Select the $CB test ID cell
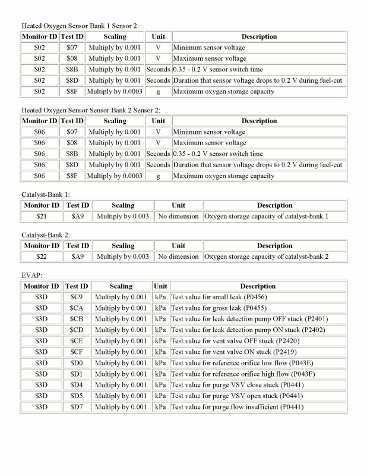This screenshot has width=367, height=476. click(x=76, y=319)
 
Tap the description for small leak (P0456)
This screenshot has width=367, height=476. click(x=217, y=297)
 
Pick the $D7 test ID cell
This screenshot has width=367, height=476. click(x=76, y=407)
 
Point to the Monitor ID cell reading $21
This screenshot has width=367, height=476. click(x=41, y=216)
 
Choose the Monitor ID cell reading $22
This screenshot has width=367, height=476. click(x=41, y=256)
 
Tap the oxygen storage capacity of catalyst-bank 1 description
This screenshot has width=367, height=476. click(x=266, y=216)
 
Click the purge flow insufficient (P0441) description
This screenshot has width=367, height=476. click(x=237, y=407)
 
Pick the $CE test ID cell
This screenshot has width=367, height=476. click(x=76, y=341)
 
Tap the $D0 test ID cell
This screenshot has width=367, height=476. click(x=76, y=363)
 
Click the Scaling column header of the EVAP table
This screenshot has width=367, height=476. click(x=122, y=286)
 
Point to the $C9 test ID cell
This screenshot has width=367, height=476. click(x=76, y=297)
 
